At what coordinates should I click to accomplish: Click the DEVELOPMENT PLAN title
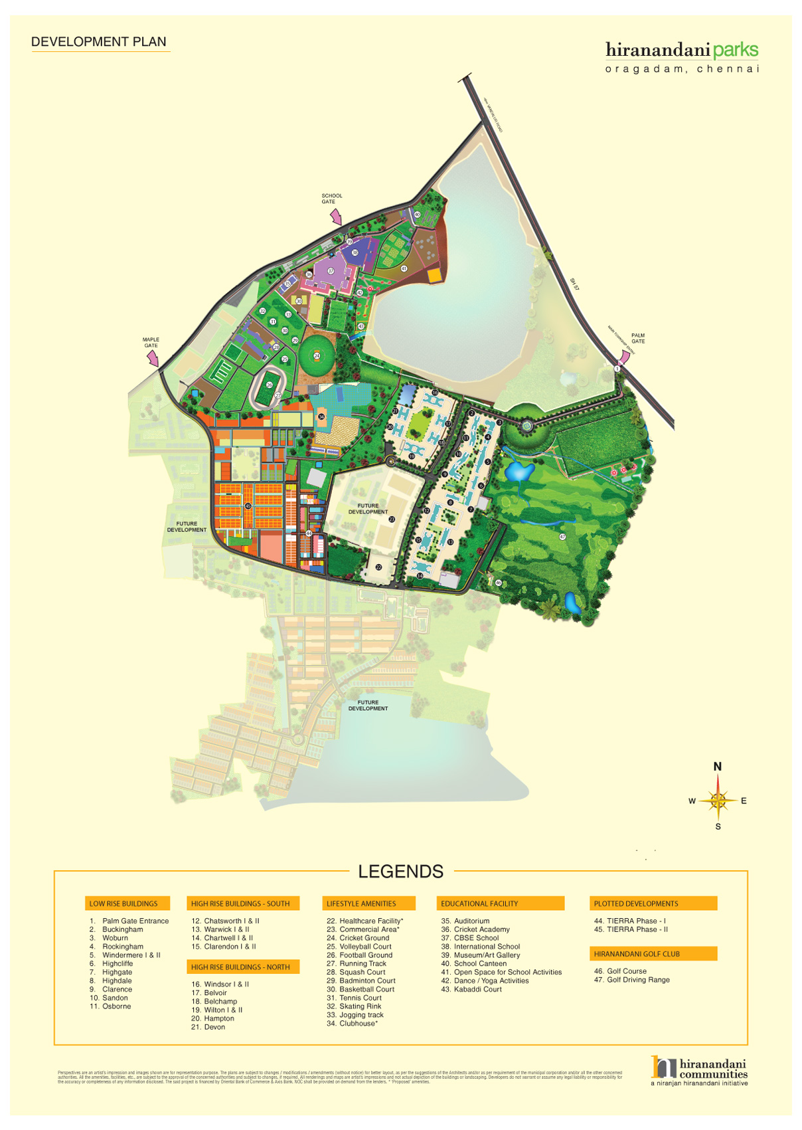click(x=98, y=42)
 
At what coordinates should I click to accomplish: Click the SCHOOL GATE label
click(x=331, y=199)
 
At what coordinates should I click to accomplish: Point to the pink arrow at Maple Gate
click(x=153, y=358)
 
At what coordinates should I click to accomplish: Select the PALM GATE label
click(x=637, y=338)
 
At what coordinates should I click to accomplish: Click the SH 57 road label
click(x=575, y=284)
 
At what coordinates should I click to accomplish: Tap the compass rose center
click(x=718, y=800)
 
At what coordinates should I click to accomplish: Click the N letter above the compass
click(x=717, y=767)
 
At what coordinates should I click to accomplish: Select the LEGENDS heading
click(x=400, y=872)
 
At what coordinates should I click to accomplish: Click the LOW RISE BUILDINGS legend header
click(x=123, y=903)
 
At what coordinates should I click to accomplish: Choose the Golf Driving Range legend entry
click(x=631, y=980)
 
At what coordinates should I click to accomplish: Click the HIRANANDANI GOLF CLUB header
click(x=637, y=954)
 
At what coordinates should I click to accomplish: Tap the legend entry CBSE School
click(x=476, y=938)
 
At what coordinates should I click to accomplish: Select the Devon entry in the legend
click(x=214, y=1027)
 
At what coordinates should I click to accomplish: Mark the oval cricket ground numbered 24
click(x=317, y=355)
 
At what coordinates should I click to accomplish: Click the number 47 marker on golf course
click(x=562, y=537)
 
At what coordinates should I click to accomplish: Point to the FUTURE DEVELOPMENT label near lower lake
click(x=368, y=706)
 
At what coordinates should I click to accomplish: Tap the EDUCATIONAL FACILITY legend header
click(x=479, y=903)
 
